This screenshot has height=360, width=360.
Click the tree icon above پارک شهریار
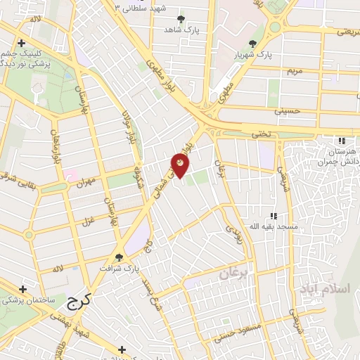252,44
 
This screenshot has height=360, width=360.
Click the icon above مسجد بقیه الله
274,216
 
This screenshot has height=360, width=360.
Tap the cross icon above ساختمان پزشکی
22,289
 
